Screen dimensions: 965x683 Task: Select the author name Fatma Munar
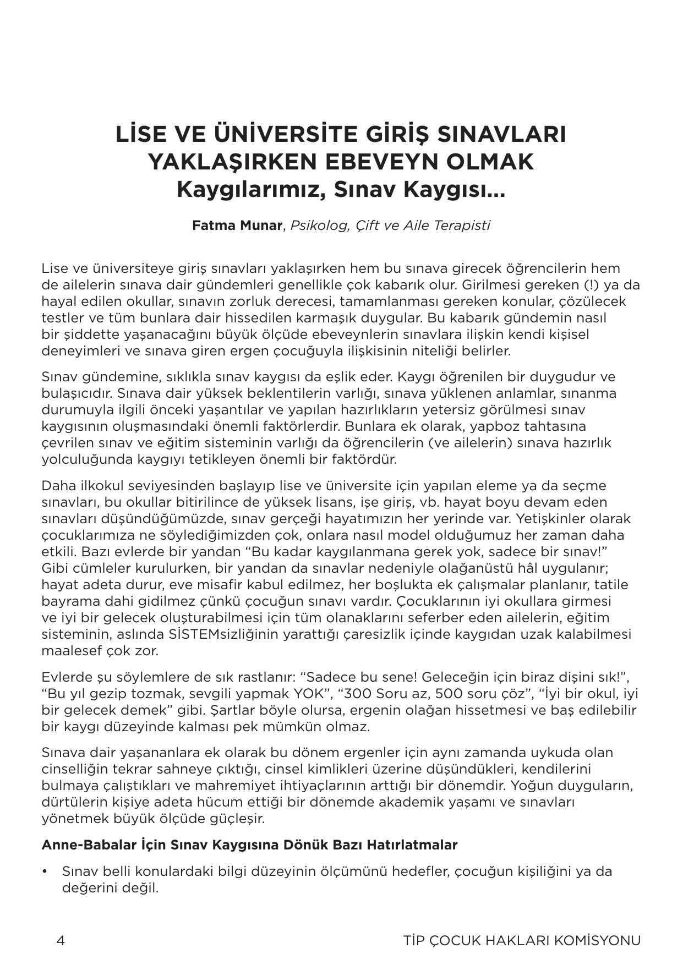pyautogui.click(x=237, y=226)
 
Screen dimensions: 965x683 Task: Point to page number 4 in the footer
pyautogui.click(x=61, y=940)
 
